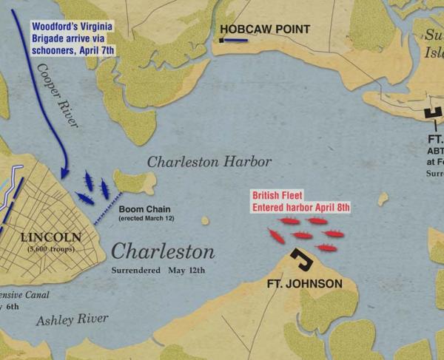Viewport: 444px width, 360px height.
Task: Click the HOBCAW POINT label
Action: pos(263,29)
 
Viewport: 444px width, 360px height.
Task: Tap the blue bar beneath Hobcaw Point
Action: pos(235,41)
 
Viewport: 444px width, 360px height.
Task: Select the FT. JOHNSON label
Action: pos(305,284)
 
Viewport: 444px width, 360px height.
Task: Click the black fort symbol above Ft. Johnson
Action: pos(300,259)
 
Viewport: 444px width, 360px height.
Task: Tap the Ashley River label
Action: pos(73,319)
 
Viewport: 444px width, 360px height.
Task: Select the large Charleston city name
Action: pos(163,251)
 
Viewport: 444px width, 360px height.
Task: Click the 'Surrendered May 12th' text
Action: pos(158,269)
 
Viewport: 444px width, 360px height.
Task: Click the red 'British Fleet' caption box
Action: pos(300,201)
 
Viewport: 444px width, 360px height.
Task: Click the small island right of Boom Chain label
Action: pos(205,220)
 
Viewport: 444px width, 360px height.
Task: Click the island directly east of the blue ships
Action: pos(135,183)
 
